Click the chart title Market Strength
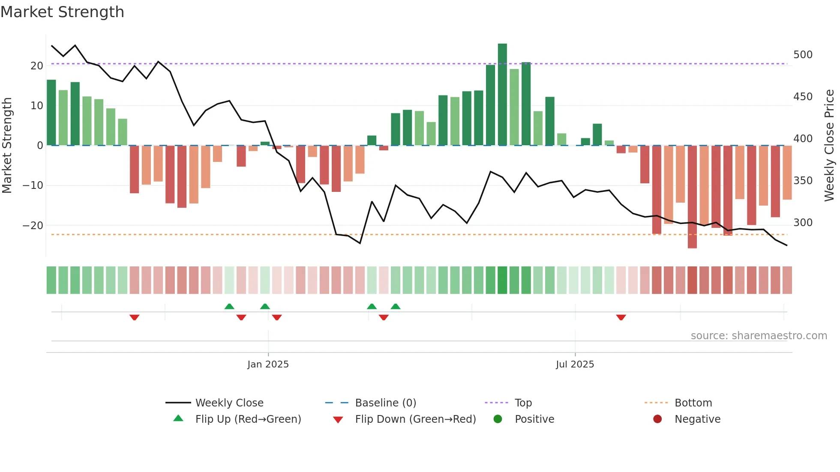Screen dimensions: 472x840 click(x=62, y=12)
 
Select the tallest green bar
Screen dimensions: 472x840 click(x=502, y=94)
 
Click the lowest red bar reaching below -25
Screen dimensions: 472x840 click(x=692, y=197)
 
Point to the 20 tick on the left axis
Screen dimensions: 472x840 click(x=37, y=66)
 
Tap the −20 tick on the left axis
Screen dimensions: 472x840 click(x=33, y=226)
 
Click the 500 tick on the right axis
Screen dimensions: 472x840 click(x=803, y=55)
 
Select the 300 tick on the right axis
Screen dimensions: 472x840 click(x=803, y=223)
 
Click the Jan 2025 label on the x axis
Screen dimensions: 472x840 click(x=268, y=364)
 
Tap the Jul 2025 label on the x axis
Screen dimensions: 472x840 click(x=575, y=364)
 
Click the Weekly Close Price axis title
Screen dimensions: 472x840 click(x=829, y=146)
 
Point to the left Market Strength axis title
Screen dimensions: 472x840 click(x=7, y=146)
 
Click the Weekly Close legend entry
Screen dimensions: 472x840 click(x=229, y=403)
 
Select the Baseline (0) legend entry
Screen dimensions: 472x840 click(x=385, y=403)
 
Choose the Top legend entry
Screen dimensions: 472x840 click(x=523, y=403)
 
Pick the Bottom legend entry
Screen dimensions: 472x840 click(x=693, y=403)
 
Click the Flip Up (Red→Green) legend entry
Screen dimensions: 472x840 click(x=248, y=419)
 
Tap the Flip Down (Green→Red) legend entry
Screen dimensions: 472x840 click(x=415, y=419)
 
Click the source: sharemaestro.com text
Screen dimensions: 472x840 click(x=759, y=336)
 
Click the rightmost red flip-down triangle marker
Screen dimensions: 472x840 click(x=621, y=317)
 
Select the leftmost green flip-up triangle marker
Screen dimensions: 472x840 click(x=229, y=306)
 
